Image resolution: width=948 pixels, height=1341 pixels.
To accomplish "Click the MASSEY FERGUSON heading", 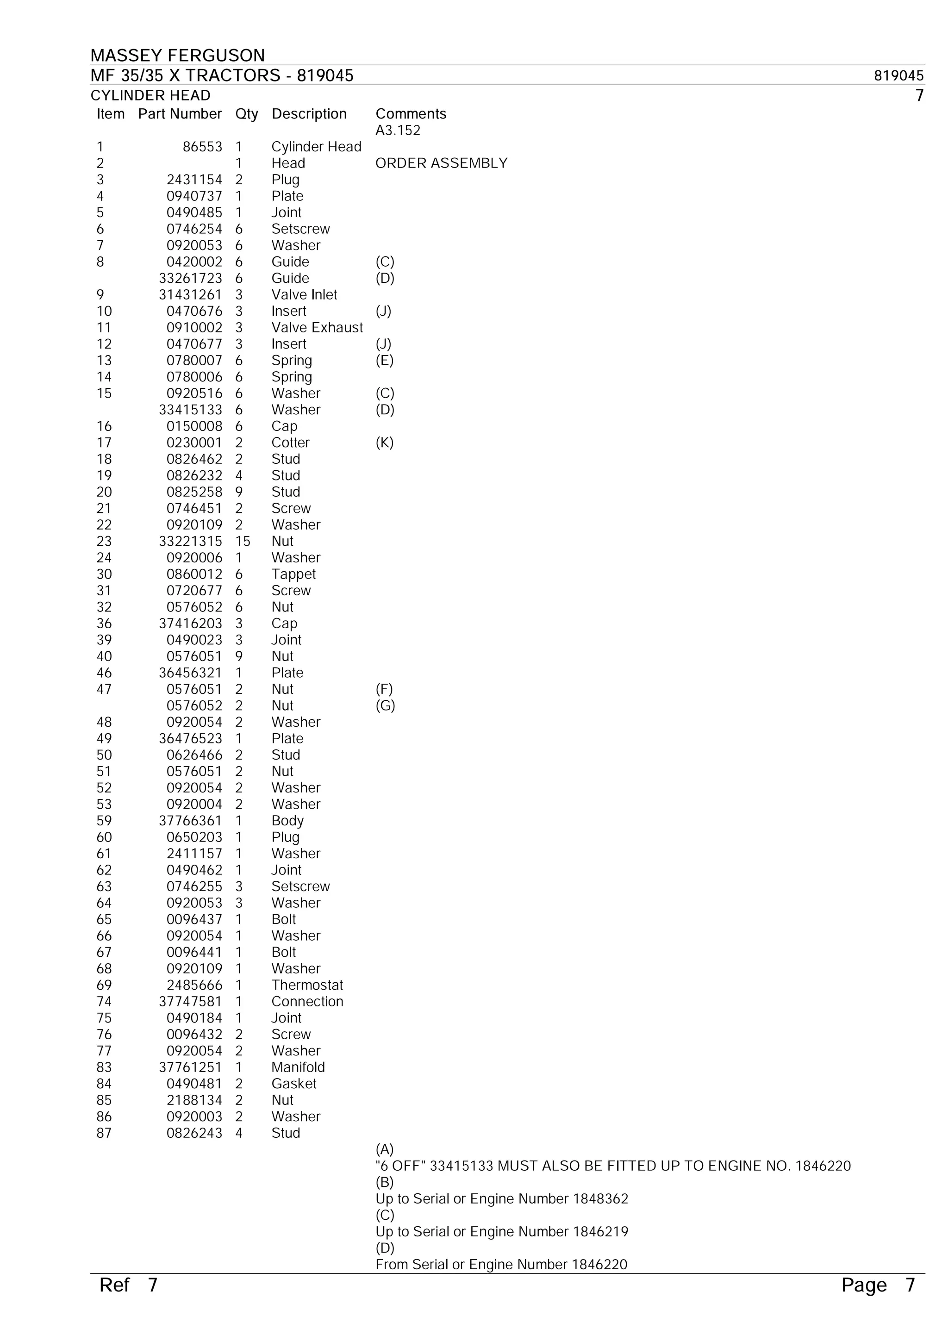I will tap(178, 56).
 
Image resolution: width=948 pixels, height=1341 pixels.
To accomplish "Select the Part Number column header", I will tap(180, 114).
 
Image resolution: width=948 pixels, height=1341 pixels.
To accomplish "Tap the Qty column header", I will tap(247, 114).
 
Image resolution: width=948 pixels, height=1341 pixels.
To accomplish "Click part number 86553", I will tap(202, 147).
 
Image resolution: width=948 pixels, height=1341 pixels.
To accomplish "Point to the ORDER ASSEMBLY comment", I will tap(441, 163).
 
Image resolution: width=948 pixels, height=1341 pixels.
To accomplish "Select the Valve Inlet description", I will tap(304, 295).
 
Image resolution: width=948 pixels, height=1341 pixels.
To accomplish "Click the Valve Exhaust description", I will tap(317, 328).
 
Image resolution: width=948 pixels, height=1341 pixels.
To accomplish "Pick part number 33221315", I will tap(190, 542).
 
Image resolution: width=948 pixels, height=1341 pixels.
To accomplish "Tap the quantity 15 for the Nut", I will tap(243, 542).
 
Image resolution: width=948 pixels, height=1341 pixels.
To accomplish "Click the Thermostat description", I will tap(306, 985).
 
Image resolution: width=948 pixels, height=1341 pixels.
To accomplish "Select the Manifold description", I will tap(298, 1067).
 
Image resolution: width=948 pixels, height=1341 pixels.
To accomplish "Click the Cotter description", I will tap(290, 443).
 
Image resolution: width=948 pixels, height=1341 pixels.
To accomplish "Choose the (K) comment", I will tap(384, 443).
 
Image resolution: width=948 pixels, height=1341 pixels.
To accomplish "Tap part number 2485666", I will tap(194, 985).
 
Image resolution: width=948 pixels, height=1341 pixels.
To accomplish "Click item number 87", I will tap(104, 1133).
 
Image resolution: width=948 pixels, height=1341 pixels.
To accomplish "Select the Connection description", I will tap(307, 1002).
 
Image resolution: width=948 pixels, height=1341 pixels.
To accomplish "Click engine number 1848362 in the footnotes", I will tap(600, 1199).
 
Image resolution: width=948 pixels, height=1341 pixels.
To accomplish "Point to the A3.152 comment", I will tap(398, 130).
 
